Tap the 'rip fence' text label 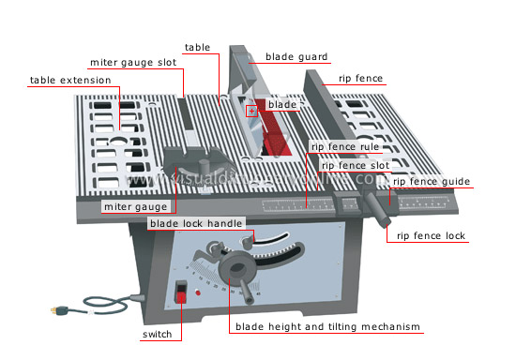[x=360, y=79]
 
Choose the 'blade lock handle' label [x=196, y=223]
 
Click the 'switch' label [x=157, y=334]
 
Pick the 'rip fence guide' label [x=433, y=181]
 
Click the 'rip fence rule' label [x=345, y=147]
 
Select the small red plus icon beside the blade [x=251, y=112]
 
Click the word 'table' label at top [x=197, y=47]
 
